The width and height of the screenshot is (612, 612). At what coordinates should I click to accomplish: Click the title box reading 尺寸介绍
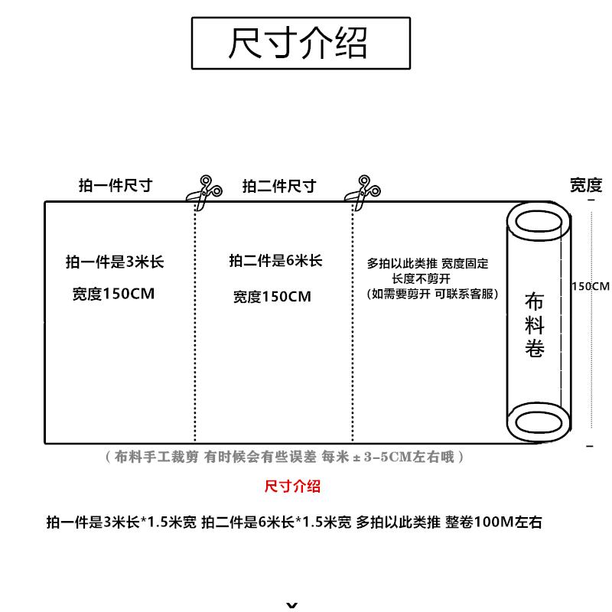(x=300, y=44)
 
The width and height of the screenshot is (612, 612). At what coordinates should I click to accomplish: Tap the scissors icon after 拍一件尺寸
(x=205, y=192)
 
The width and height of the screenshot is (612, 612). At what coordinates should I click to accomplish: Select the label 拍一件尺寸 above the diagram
(x=116, y=186)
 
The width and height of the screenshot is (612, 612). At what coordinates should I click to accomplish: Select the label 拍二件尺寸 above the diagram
(x=279, y=186)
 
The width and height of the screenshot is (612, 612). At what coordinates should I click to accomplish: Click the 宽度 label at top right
(x=586, y=184)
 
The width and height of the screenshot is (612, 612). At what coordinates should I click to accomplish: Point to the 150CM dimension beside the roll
(x=590, y=287)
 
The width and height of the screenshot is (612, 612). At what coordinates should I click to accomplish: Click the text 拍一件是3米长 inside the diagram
(x=115, y=262)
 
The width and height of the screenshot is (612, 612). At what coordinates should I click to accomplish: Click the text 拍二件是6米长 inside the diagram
(x=275, y=261)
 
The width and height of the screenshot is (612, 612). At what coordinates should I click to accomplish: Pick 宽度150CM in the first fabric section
(x=114, y=293)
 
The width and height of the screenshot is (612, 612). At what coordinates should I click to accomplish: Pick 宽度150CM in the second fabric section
(x=272, y=296)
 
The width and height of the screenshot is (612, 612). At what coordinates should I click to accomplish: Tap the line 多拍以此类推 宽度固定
(x=428, y=264)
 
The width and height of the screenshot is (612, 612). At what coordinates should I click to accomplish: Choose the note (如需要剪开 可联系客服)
(x=432, y=294)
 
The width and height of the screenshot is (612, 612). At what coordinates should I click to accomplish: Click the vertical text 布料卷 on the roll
(x=535, y=324)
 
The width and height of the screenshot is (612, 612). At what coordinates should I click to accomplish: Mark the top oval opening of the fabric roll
(x=539, y=222)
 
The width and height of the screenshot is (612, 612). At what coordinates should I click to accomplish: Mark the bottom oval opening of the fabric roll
(x=539, y=422)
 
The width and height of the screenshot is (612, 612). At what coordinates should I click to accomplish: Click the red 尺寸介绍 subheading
(x=292, y=487)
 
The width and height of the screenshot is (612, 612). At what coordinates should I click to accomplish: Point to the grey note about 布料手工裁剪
(x=283, y=457)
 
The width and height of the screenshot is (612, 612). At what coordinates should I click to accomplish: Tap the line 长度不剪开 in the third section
(x=421, y=279)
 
